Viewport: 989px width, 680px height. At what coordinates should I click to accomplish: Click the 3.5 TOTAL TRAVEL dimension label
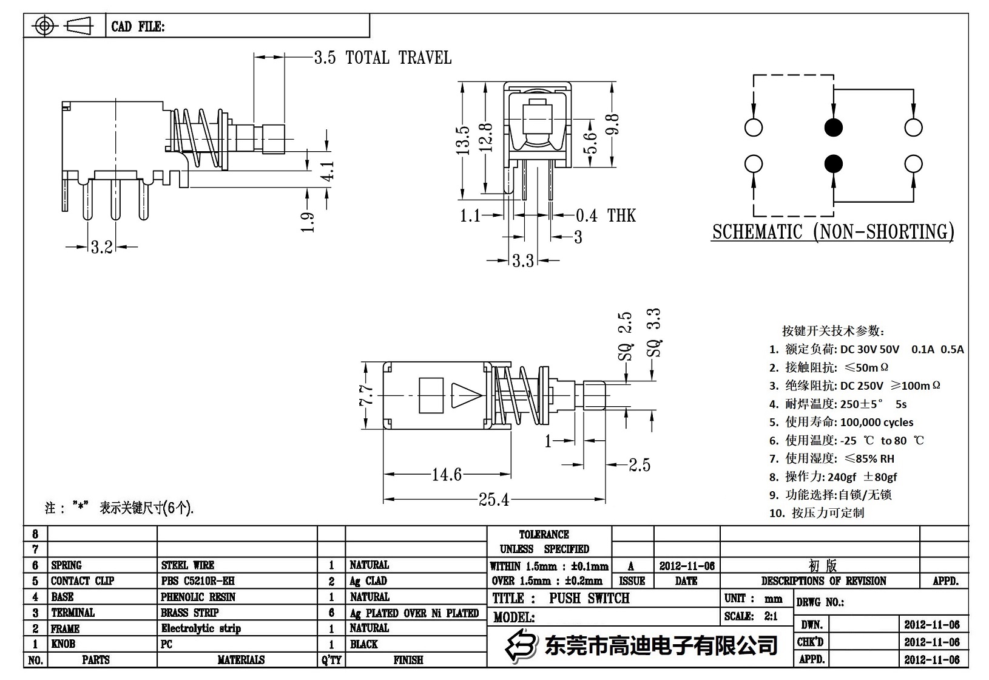coord(382,58)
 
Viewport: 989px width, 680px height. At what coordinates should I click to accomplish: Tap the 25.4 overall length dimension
coord(493,499)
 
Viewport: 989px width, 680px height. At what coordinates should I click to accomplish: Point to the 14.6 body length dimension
coord(447,474)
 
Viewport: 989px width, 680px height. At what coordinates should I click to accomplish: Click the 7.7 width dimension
coord(366,395)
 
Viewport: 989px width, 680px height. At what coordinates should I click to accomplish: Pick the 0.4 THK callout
coord(605,215)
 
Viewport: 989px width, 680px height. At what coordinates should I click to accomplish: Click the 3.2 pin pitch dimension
coord(101,246)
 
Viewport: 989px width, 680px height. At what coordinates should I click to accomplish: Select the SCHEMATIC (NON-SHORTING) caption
coord(832,232)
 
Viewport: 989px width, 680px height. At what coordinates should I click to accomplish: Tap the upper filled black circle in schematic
coord(834,127)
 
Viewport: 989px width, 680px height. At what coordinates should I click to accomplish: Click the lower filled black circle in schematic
coord(834,164)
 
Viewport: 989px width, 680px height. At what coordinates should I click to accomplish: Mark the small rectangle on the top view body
coord(431,395)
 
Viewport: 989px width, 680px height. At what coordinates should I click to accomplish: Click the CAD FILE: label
coord(138,27)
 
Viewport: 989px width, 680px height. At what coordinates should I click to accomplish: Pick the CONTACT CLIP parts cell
coord(82,581)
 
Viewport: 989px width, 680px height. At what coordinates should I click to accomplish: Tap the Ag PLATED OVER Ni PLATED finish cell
coord(414,613)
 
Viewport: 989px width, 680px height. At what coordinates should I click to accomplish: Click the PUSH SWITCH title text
coord(589,598)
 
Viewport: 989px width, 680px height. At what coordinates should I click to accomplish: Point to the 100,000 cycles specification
coord(876,422)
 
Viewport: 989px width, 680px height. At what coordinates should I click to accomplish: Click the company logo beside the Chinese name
coord(522,644)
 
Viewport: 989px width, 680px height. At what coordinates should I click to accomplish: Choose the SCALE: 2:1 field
coord(751,616)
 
